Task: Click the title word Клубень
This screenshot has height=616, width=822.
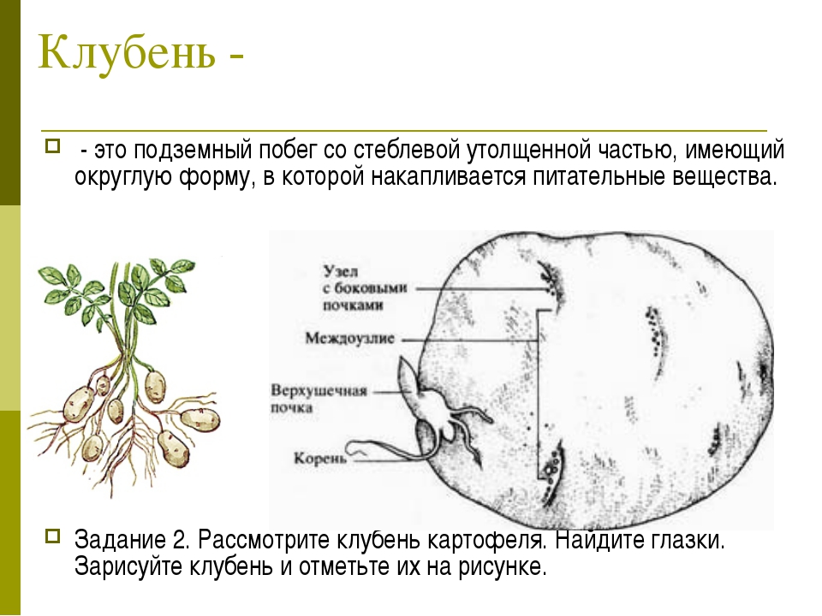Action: (x=127, y=52)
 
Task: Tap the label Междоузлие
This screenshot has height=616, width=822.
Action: (x=349, y=339)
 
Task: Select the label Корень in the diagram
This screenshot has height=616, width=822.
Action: (x=319, y=459)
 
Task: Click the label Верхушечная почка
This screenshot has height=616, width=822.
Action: (x=319, y=400)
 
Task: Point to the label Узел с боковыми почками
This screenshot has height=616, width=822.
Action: (x=364, y=287)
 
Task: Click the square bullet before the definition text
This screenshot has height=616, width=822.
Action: (x=52, y=145)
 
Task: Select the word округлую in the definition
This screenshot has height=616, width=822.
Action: (x=122, y=178)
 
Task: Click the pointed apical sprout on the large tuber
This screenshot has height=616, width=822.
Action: (x=409, y=375)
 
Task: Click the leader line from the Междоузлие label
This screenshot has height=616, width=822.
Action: (x=470, y=341)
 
